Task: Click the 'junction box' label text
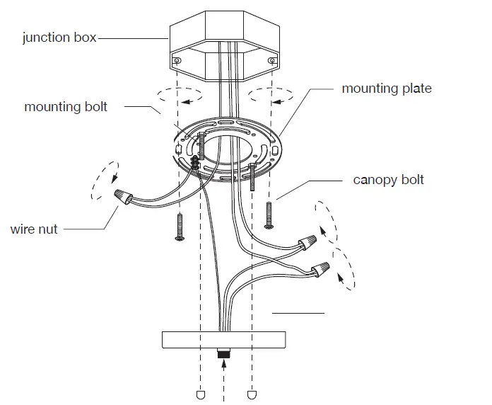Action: click(x=59, y=38)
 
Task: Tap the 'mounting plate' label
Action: click(x=386, y=89)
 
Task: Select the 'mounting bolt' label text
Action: click(x=66, y=107)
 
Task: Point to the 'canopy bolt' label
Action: click(x=388, y=180)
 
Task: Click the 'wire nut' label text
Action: click(x=34, y=229)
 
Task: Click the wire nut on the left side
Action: click(x=121, y=195)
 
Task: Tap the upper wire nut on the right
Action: click(x=307, y=244)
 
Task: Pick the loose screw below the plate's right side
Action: click(x=268, y=215)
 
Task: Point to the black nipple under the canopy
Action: click(x=223, y=352)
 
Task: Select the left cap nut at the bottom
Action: click(x=199, y=394)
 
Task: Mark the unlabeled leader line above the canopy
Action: click(x=298, y=312)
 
